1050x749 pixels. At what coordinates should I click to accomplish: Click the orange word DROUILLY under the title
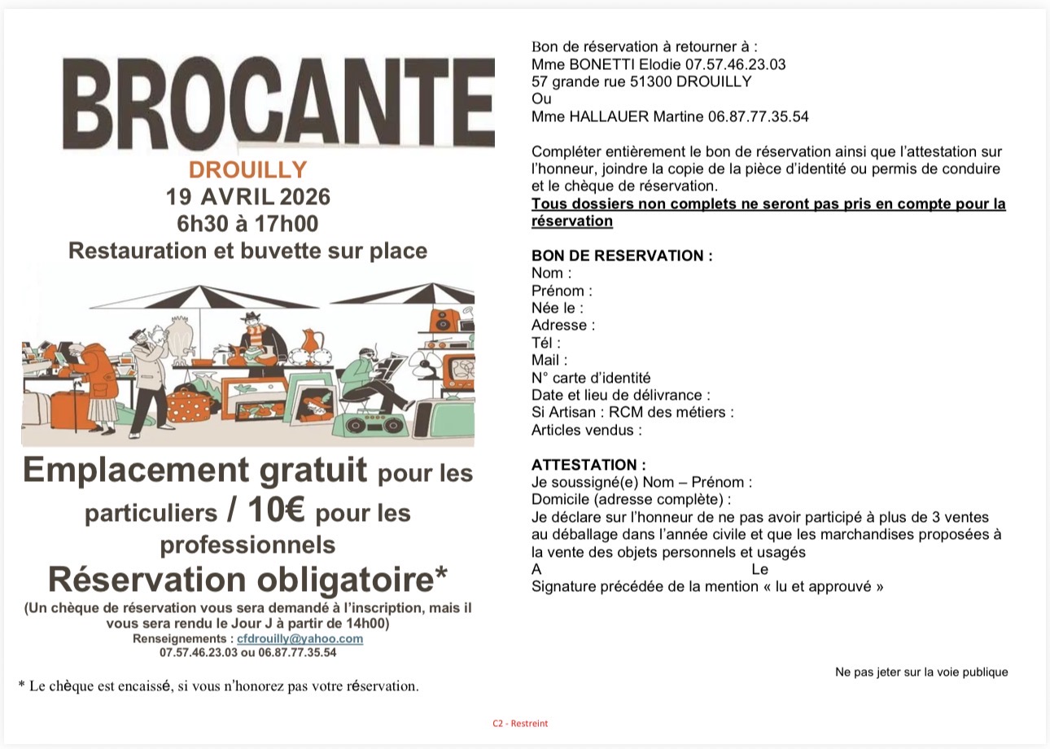(247, 169)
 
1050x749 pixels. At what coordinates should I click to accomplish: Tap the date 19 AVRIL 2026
(247, 197)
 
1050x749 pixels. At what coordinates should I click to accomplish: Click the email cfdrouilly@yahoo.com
(300, 638)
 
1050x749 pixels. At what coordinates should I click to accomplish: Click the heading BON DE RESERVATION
(621, 256)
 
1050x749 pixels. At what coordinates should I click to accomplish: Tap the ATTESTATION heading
(588, 465)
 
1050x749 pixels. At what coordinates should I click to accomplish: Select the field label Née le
(557, 308)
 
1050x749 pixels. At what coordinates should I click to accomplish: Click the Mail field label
(549, 360)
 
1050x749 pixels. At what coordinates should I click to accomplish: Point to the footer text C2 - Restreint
(519, 723)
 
